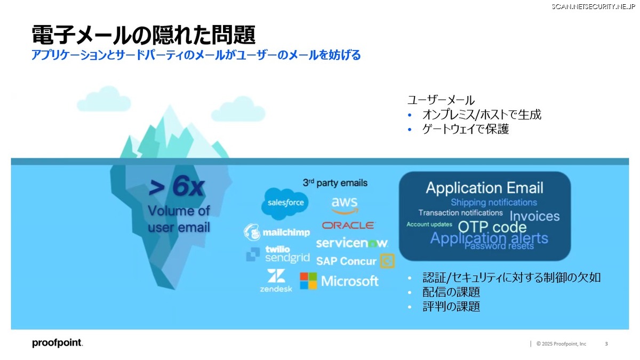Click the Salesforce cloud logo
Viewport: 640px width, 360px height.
(285, 203)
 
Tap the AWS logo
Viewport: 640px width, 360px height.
(345, 205)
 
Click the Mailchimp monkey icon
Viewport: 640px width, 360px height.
(251, 232)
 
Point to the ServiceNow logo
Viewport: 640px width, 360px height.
(351, 243)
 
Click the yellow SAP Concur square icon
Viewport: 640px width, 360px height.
(387, 261)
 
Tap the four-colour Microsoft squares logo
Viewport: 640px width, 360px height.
(308, 281)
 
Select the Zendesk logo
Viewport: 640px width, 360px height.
(276, 281)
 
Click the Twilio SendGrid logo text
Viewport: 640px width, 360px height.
(287, 254)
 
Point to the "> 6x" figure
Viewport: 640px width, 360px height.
(177, 187)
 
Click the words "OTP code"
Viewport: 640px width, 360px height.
(492, 227)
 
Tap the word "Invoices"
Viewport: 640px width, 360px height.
(534, 216)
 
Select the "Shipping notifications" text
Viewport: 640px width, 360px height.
(494, 202)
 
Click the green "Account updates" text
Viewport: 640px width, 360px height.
(429, 225)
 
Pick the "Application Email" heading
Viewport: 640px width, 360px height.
(485, 188)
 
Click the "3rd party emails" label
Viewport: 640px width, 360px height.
(335, 182)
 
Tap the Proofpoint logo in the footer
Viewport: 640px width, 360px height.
(58, 343)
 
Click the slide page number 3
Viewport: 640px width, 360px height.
(606, 343)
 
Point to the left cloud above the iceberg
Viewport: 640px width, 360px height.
(104, 99)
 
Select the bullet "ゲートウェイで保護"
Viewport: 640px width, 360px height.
(466, 129)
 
